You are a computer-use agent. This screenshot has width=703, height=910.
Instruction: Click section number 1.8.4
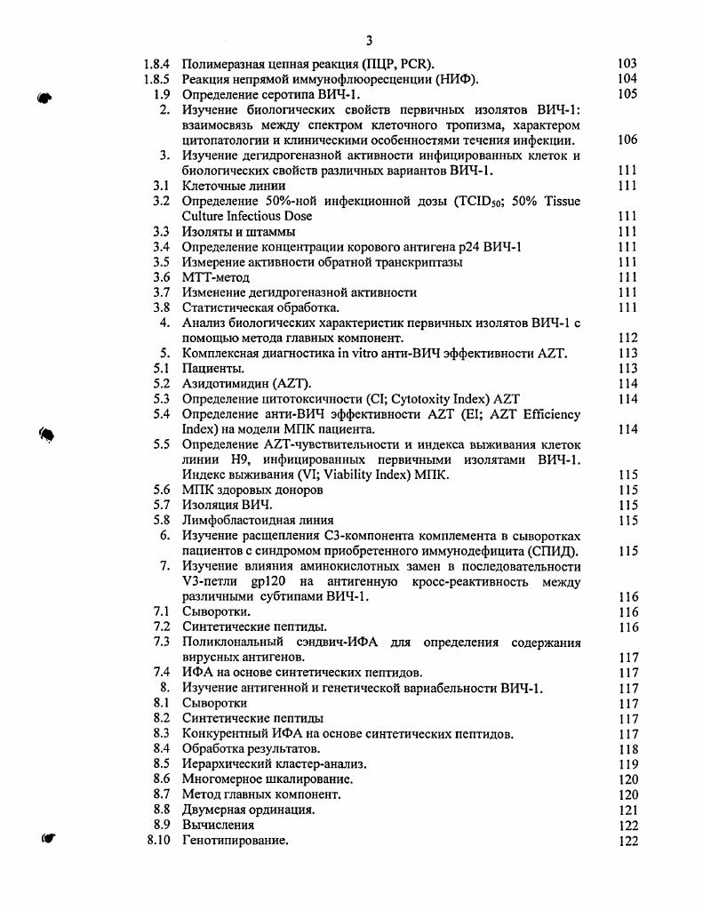click(156, 64)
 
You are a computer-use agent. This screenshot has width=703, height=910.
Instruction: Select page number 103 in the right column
click(627, 64)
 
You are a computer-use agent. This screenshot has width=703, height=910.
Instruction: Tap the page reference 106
click(627, 140)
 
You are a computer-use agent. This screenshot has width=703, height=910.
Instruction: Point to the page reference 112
click(627, 338)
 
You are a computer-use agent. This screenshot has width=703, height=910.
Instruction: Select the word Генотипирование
click(235, 840)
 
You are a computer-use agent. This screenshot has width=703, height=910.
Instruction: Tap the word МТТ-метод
click(216, 277)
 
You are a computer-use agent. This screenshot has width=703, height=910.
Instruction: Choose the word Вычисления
click(218, 825)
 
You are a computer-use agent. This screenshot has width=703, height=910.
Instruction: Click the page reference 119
click(627, 764)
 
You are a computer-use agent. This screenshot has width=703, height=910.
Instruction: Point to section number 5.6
click(161, 490)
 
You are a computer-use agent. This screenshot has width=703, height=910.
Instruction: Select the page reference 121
click(627, 810)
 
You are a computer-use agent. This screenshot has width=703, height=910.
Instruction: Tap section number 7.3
click(161, 642)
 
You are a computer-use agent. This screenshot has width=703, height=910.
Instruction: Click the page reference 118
click(627, 749)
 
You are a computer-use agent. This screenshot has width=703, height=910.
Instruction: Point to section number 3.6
click(161, 277)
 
